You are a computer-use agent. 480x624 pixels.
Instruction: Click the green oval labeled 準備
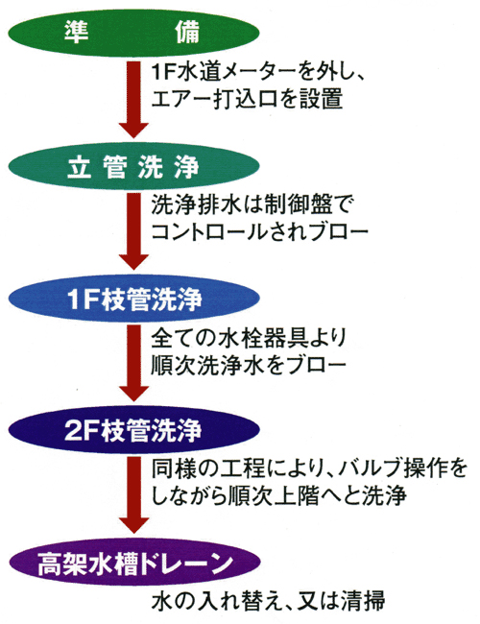pyautogui.click(x=133, y=33)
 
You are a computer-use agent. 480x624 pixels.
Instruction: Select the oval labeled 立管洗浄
pyautogui.click(x=133, y=166)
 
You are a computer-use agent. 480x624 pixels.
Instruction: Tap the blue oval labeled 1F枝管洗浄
pyautogui.click(x=133, y=298)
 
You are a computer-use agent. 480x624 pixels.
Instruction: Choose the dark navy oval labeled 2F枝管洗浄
pyautogui.click(x=133, y=430)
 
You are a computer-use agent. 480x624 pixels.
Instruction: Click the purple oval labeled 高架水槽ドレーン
pyautogui.click(x=133, y=563)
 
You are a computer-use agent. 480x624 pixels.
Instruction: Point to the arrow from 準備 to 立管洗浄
pyautogui.click(x=133, y=100)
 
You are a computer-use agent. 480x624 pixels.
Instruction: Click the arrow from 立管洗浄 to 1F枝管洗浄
pyautogui.click(x=133, y=231)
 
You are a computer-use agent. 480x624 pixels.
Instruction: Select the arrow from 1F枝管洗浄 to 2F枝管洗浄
pyautogui.click(x=133, y=363)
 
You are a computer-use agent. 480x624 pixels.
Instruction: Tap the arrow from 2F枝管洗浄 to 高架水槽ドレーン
pyautogui.click(x=133, y=495)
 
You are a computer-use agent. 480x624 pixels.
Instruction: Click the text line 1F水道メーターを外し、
pyautogui.click(x=257, y=73)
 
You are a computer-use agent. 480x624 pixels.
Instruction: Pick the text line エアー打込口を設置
pyautogui.click(x=247, y=99)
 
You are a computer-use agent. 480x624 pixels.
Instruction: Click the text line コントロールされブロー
pyautogui.click(x=259, y=232)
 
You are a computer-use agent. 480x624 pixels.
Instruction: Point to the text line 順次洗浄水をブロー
pyautogui.click(x=248, y=364)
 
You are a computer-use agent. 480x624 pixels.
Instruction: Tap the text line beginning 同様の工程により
pyautogui.click(x=309, y=469)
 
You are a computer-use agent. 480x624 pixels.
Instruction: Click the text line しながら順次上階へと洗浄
pyautogui.click(x=278, y=496)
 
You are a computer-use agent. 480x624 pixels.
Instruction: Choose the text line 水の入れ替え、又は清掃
pyautogui.click(x=268, y=601)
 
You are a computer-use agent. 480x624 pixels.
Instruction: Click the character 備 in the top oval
pyautogui.click(x=187, y=33)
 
